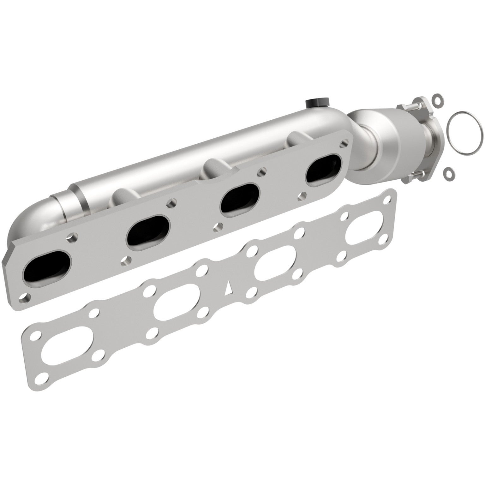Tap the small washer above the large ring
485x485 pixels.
click(437, 99)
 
